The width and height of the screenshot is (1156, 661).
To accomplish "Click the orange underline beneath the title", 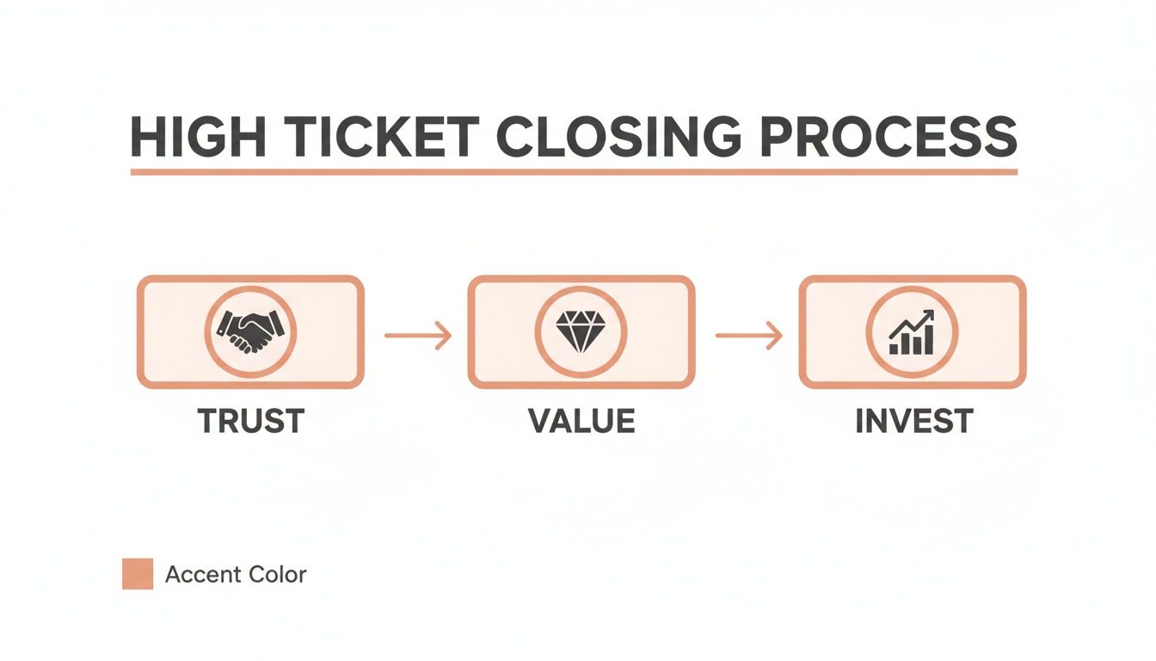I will [x=574, y=172].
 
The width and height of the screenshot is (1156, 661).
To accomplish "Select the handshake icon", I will [x=250, y=331].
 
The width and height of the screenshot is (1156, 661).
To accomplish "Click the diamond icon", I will [x=581, y=331].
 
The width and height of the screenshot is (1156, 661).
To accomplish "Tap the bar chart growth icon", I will [x=912, y=334].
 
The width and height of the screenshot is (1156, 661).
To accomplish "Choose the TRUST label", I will [x=250, y=421].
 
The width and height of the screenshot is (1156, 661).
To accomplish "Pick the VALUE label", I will [x=581, y=421].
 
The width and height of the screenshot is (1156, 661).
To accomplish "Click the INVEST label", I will [x=913, y=421].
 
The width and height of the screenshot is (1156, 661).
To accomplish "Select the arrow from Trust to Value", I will [x=417, y=335].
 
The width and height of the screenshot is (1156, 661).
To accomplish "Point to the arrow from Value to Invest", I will [x=748, y=335].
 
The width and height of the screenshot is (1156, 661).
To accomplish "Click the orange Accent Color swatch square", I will [x=138, y=573].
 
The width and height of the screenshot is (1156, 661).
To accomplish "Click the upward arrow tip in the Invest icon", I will [x=930, y=317].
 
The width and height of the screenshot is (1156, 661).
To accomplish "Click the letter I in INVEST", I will [x=860, y=421].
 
